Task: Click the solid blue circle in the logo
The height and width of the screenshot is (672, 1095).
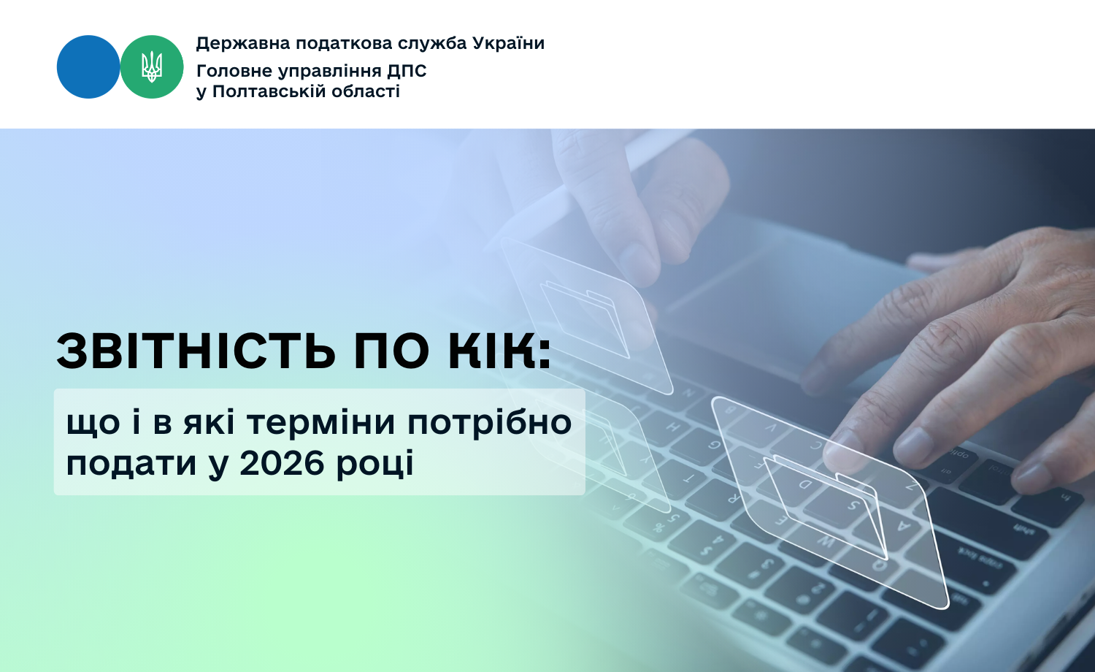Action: pyautogui.click(x=88, y=66)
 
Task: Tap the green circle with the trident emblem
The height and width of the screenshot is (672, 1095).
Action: pyautogui.click(x=152, y=66)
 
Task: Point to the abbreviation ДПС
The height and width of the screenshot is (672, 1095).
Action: pyautogui.click(x=407, y=72)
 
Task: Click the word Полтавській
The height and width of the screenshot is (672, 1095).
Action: pyautogui.click(x=270, y=91)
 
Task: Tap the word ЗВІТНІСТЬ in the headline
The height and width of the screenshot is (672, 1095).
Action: pyautogui.click(x=196, y=351)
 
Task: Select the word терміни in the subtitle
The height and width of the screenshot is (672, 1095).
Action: pyautogui.click(x=320, y=423)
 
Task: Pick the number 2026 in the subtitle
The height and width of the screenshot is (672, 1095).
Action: pyautogui.click(x=282, y=463)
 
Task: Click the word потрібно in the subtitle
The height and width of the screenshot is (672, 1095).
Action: pyautogui.click(x=490, y=424)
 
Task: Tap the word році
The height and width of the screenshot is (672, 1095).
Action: pyautogui.click(x=375, y=465)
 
